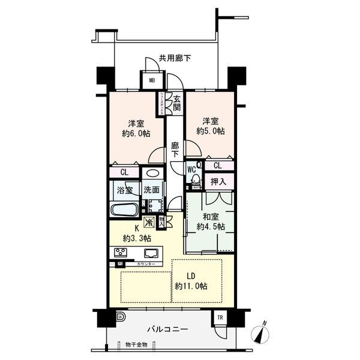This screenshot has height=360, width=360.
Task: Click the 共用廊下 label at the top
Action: (175, 58)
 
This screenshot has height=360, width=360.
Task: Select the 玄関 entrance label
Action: (176, 104)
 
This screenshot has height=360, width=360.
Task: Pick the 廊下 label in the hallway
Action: (174, 149)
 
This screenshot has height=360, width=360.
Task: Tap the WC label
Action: (192, 170)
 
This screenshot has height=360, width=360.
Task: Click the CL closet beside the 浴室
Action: (124, 172)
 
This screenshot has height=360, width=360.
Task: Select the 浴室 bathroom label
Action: (124, 190)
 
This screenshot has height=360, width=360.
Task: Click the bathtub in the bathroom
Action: (125, 210)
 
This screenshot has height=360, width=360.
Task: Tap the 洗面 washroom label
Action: (151, 190)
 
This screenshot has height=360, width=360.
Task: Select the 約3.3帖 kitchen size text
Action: (137, 238)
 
